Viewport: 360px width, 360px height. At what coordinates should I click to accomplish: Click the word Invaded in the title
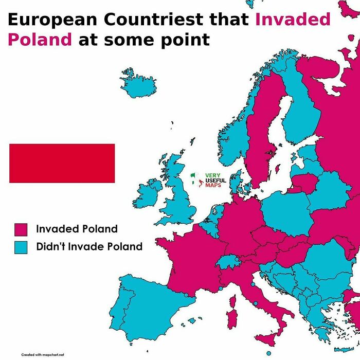click(293, 19)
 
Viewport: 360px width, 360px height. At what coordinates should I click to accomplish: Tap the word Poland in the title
click(40, 40)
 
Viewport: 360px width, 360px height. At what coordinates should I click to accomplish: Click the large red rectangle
click(62, 163)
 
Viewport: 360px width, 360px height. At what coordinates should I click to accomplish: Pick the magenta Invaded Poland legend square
click(21, 229)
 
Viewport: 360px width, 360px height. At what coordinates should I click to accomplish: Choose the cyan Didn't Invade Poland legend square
click(21, 247)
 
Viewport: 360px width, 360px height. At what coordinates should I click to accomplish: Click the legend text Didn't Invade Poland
click(89, 247)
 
